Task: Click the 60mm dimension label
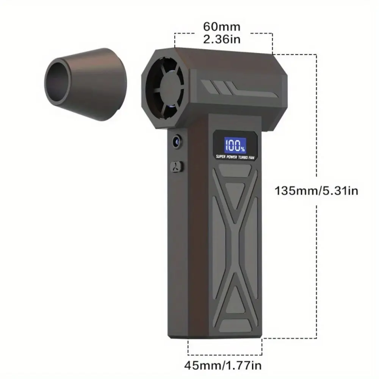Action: [222, 27]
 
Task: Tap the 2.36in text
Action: [222, 39]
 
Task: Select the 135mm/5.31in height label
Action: [316, 190]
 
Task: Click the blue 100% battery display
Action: [234, 144]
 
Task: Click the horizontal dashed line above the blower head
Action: [224, 33]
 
